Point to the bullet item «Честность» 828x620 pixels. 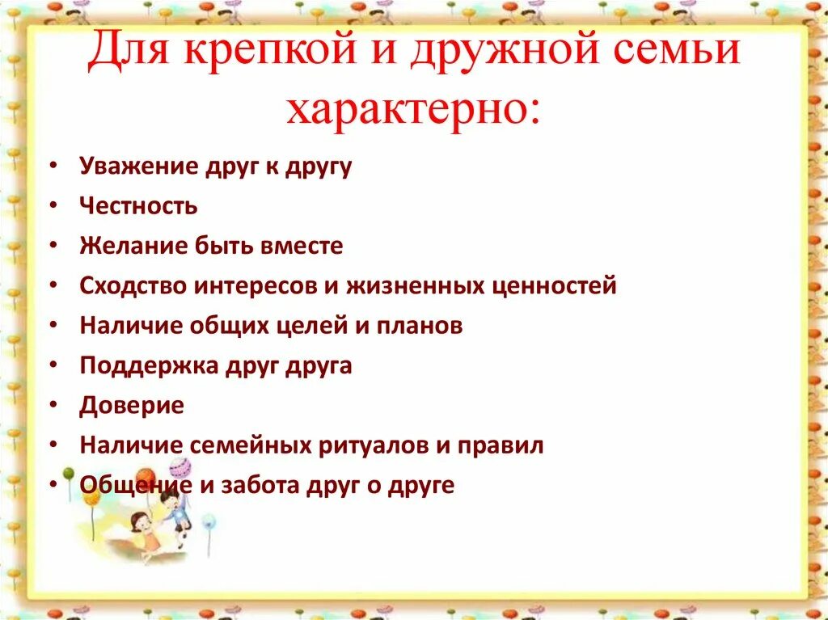tap(138, 206)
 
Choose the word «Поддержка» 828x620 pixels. tap(137, 365)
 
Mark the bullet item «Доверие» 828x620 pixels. tap(132, 405)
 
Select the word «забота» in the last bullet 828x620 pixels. tap(261, 485)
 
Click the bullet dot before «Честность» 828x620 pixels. tap(53, 206)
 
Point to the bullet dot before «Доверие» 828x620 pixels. tap(53, 405)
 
